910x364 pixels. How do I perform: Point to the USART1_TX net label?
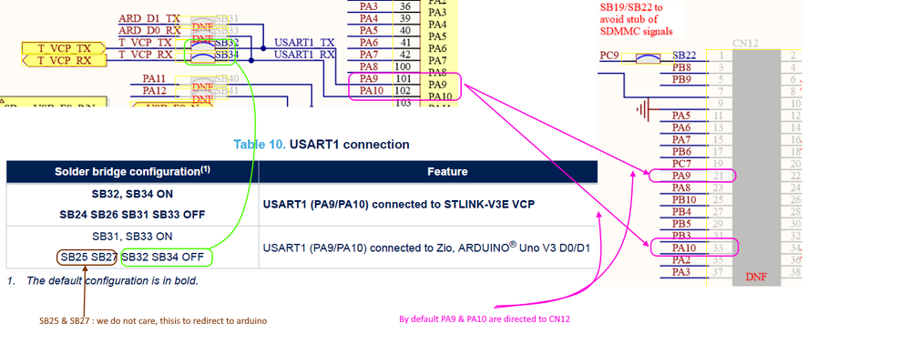point(304,43)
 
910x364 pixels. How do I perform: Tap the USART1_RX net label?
point(304,55)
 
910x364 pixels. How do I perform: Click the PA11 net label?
point(154,79)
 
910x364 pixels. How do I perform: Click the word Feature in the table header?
point(447,171)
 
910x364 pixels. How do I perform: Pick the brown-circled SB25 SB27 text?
point(87,257)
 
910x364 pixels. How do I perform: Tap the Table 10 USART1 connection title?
point(321,145)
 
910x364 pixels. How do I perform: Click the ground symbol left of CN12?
point(645,109)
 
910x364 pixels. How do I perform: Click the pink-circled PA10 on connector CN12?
point(683,248)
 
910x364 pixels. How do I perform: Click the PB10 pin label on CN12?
point(683,199)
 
